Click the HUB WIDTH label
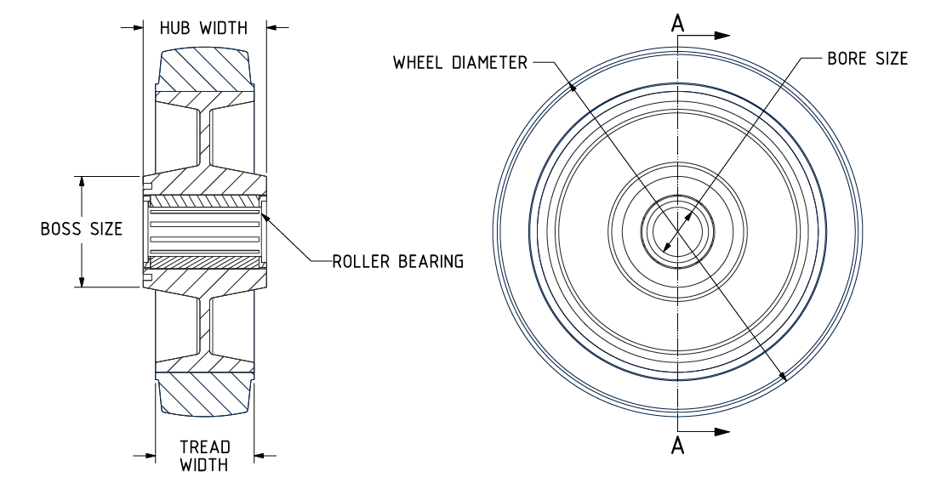203,27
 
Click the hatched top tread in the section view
203,70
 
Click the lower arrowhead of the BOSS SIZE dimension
82,281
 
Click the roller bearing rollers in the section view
203,232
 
